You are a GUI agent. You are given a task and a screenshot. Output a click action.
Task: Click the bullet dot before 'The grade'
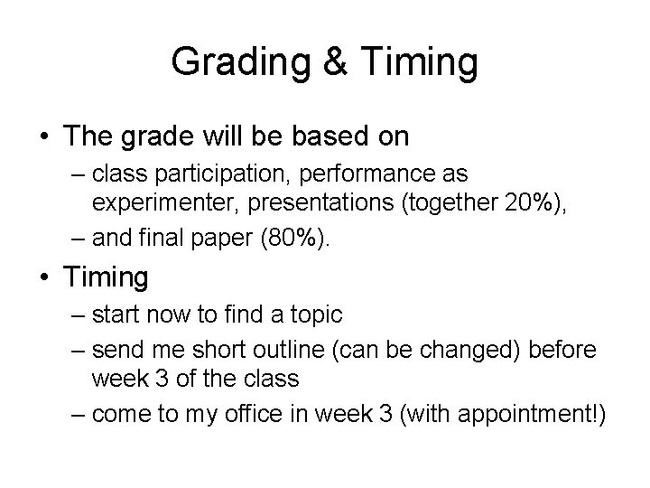point(43,136)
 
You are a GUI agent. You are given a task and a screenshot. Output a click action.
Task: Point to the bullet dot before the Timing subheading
point(43,277)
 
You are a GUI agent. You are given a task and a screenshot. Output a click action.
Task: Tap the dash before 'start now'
point(77,314)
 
